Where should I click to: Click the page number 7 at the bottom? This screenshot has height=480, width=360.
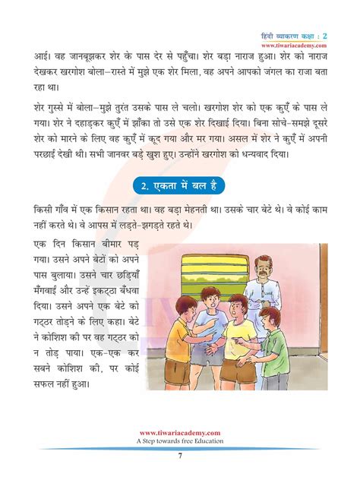[180, 455]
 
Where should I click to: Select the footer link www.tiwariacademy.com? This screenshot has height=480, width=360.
[180, 431]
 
